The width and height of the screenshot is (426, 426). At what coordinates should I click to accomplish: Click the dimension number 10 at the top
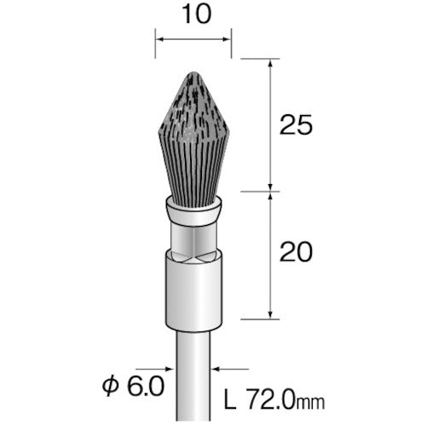[197, 14]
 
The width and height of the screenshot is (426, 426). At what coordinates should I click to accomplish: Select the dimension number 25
[296, 125]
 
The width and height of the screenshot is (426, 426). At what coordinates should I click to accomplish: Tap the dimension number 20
[296, 252]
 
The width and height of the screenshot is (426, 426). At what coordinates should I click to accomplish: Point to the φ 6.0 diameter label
[133, 386]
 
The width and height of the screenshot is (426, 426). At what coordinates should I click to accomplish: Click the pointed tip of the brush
[193, 72]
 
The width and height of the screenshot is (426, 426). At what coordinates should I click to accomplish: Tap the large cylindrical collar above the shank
[193, 291]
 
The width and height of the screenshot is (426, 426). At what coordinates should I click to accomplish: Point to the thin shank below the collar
[193, 377]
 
